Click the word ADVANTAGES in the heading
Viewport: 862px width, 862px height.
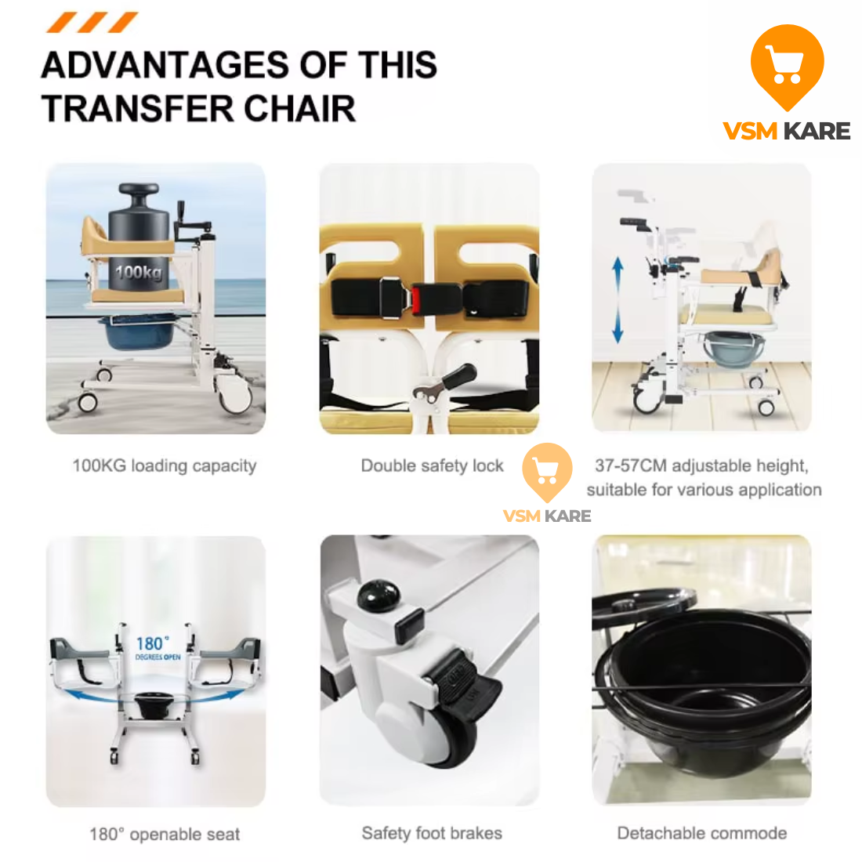point(165,65)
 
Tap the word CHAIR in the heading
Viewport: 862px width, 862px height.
point(300,108)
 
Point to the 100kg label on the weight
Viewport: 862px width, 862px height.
point(139,272)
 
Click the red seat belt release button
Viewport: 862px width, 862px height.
point(416,300)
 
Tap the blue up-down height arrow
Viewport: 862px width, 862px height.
point(618,300)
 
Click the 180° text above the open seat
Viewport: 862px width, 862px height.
point(153,643)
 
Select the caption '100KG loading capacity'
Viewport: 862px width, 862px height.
point(165,465)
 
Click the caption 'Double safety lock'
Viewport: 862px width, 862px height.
point(432,465)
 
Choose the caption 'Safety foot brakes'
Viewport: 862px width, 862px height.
point(432,833)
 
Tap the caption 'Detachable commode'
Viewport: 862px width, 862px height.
point(702,833)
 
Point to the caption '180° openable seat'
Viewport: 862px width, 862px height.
point(165,834)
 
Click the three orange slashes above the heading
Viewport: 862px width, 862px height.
point(91,23)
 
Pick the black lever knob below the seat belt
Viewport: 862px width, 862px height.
point(458,376)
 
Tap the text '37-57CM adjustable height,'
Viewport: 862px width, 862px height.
point(702,465)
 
